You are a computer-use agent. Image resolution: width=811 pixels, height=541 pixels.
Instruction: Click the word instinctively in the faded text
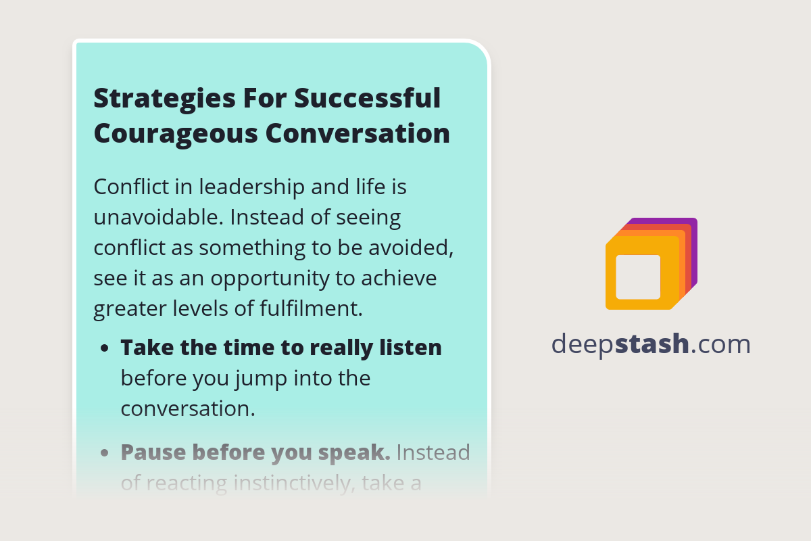click(285, 483)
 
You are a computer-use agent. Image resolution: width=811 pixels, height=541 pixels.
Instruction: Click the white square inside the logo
click(638, 277)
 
